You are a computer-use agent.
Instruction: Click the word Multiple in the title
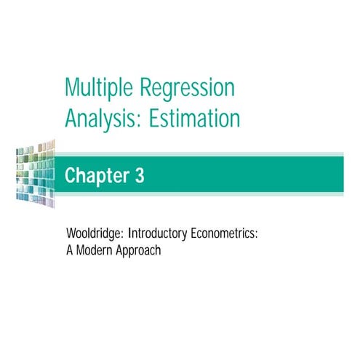point(100,88)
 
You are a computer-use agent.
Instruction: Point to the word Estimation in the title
point(194,117)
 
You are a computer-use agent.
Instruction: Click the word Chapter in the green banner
point(97,176)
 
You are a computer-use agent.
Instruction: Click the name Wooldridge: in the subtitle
point(95,236)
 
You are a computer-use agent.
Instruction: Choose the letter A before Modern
point(68,252)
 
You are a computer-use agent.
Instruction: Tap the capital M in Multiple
point(71,88)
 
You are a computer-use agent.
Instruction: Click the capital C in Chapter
point(71,176)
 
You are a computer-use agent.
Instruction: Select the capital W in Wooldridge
point(70,236)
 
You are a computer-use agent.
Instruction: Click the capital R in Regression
point(146,88)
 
